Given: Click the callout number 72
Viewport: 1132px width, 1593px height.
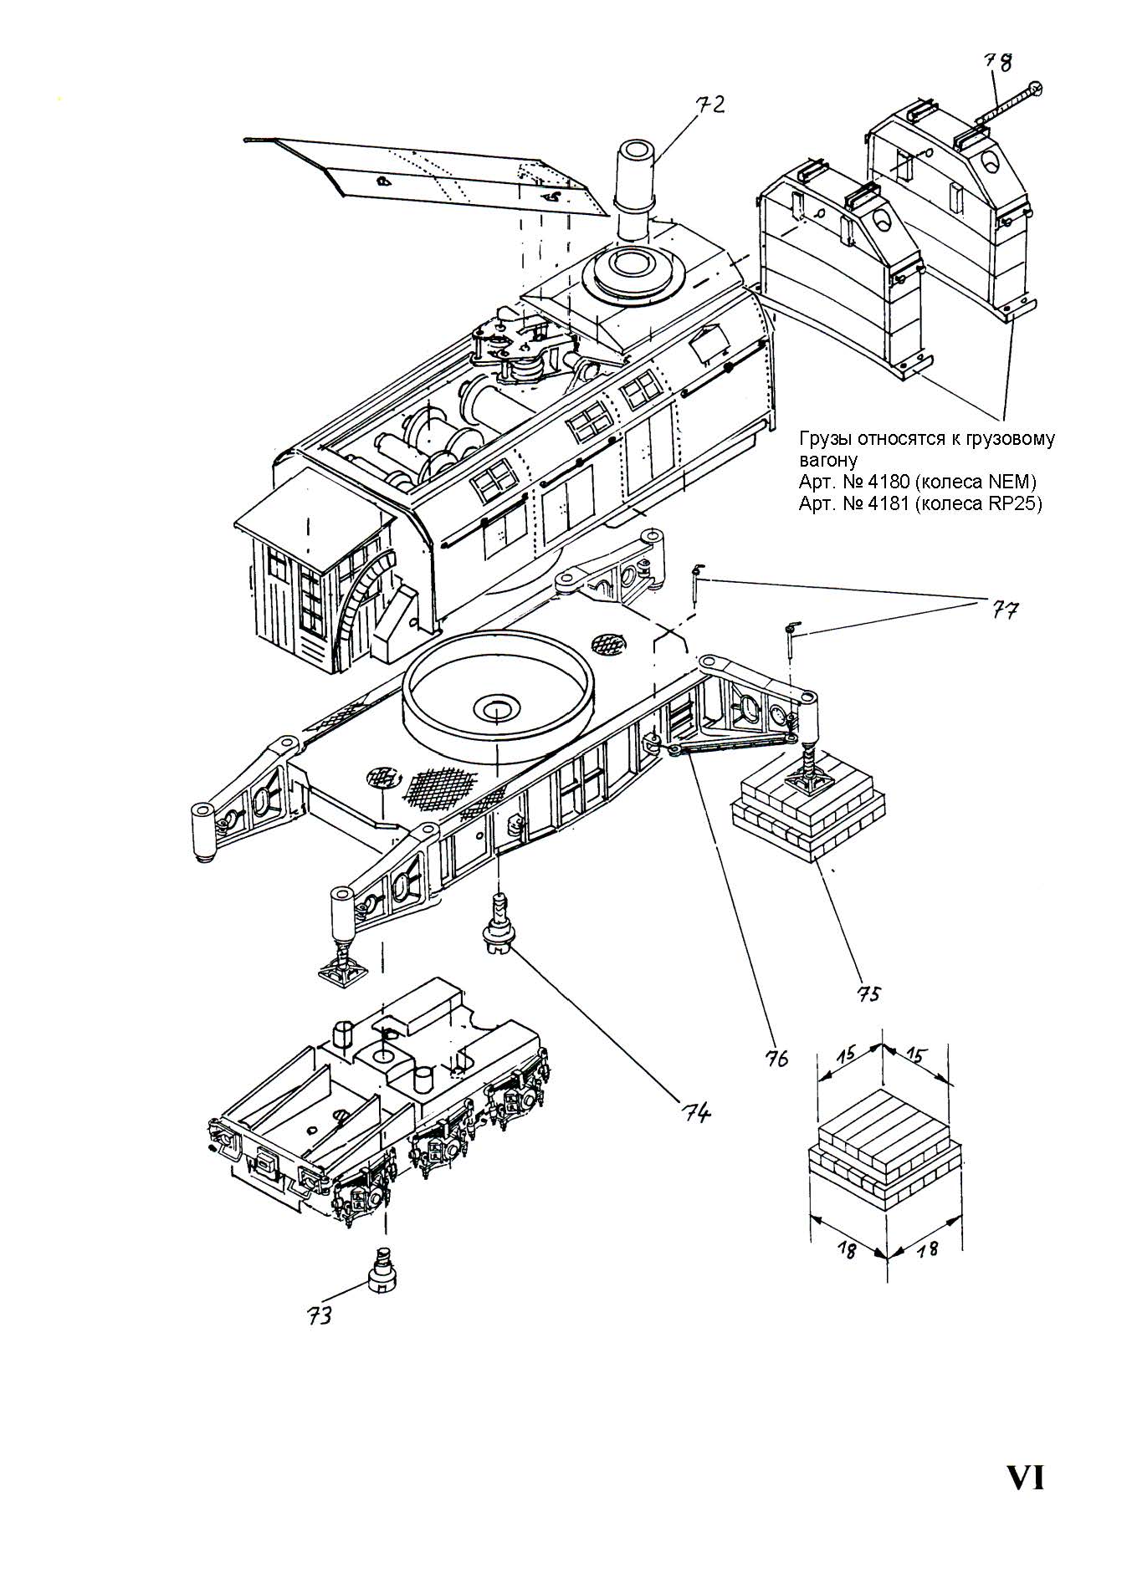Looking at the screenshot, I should click(x=709, y=105).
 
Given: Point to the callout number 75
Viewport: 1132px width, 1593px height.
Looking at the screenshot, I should click(x=868, y=993).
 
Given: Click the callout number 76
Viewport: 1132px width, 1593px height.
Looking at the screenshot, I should click(x=776, y=1058).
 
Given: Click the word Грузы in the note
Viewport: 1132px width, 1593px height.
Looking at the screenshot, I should click(x=825, y=439).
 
